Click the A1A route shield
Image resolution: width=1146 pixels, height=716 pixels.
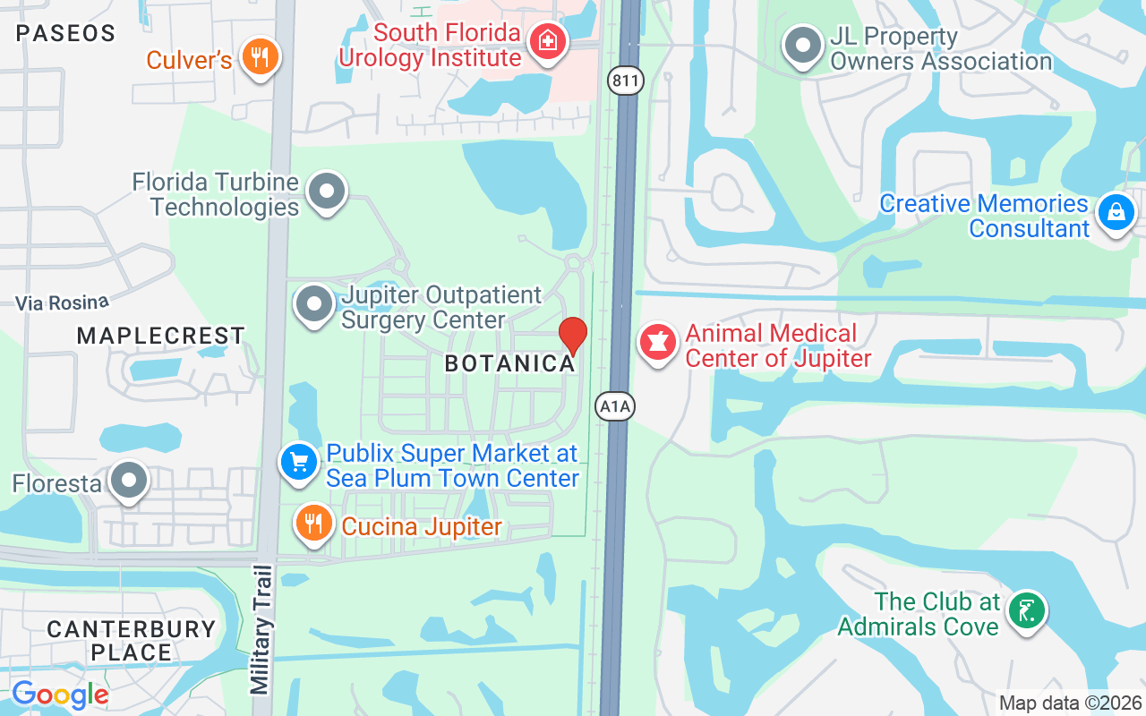tap(615, 407)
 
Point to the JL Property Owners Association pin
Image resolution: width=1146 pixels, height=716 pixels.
tap(803, 46)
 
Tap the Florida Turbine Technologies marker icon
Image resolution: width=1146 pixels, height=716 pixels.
tap(326, 192)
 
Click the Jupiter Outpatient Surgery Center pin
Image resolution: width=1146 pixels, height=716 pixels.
tap(313, 304)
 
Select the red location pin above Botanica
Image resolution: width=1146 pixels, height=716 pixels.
tap(573, 335)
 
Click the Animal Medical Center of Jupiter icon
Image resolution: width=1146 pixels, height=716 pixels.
tap(658, 343)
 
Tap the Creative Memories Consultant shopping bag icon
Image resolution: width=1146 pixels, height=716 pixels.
tap(1116, 213)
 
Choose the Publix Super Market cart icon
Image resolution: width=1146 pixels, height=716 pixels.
tap(298, 463)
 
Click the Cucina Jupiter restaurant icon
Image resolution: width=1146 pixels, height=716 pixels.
tap(312, 523)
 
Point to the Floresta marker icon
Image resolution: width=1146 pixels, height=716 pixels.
tap(129, 481)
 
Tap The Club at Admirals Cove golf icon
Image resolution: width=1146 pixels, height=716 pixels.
tap(1026, 611)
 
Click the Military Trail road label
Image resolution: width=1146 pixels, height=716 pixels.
tap(261, 629)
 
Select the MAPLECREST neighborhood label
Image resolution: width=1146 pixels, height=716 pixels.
tap(161, 337)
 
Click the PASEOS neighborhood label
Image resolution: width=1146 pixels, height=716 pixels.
tap(66, 34)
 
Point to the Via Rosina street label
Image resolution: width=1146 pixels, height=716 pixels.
tap(62, 303)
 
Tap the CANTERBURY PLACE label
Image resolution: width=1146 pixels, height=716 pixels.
tap(131, 641)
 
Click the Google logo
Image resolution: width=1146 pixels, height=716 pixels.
tap(60, 694)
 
